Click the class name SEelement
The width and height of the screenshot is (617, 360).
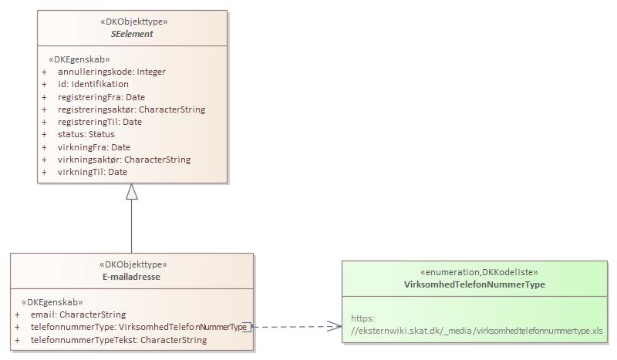[x=132, y=34]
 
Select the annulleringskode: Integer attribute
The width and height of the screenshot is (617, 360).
[x=111, y=72]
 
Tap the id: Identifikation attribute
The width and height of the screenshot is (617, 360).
[x=93, y=84]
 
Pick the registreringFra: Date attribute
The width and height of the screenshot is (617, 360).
[x=101, y=97]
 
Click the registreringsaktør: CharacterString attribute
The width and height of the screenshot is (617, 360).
[x=131, y=109]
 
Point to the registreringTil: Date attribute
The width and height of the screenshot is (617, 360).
[x=99, y=122]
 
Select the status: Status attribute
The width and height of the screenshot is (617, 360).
[x=86, y=134]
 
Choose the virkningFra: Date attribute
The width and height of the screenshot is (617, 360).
[x=93, y=147]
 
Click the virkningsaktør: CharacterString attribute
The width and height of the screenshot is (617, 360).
[x=123, y=160]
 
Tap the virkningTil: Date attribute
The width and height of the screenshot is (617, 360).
[x=92, y=172]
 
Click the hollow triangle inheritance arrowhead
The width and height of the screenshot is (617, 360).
[x=132, y=192]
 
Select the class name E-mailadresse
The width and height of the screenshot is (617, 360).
[x=131, y=277]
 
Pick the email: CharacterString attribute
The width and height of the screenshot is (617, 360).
[x=77, y=315]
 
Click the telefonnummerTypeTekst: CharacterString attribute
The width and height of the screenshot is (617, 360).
[x=118, y=340]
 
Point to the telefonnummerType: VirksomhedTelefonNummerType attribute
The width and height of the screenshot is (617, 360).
[x=138, y=327]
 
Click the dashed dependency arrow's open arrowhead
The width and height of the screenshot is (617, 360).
[x=335, y=326]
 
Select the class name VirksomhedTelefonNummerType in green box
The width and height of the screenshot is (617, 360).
[x=474, y=284]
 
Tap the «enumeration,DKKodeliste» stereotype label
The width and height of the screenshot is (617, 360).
[x=474, y=272]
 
